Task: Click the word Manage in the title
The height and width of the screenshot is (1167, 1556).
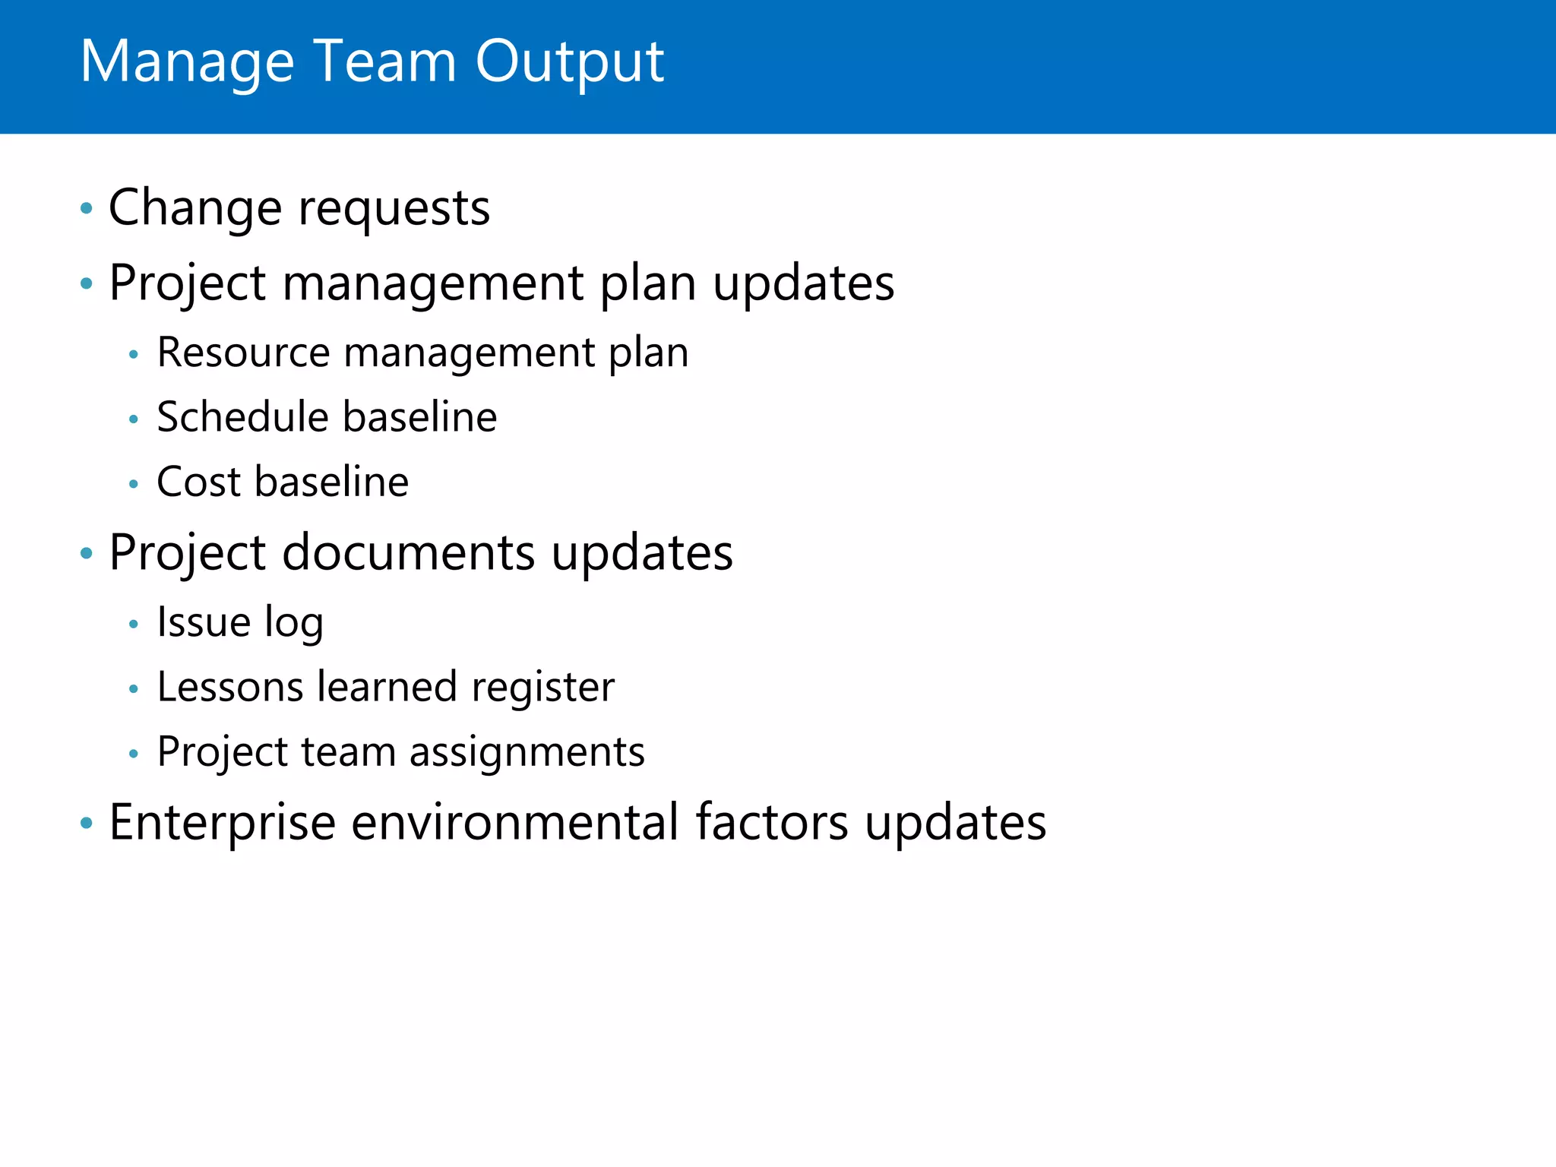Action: (187, 62)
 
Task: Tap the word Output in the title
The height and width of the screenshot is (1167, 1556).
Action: (569, 62)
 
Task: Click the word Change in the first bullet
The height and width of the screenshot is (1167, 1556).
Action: (194, 208)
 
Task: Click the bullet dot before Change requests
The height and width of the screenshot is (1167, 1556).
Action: (87, 208)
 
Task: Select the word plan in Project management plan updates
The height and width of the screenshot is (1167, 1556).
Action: (647, 284)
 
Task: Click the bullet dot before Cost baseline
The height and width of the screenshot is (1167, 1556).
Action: (134, 484)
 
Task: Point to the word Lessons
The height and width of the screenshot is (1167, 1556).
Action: (230, 688)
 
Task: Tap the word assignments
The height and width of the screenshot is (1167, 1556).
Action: (527, 753)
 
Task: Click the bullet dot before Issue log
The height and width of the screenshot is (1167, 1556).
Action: (134, 625)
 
